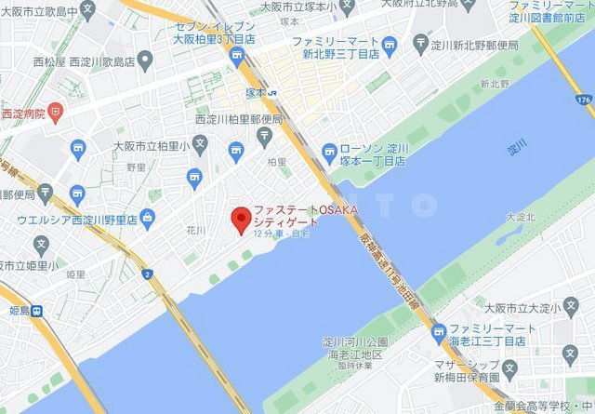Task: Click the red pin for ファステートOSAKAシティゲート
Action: tap(240, 220)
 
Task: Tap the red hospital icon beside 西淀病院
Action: tap(57, 113)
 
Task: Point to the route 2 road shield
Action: tap(148, 274)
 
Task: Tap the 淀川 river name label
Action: tap(517, 147)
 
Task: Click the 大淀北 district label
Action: tap(520, 217)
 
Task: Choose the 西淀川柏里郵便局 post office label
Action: tap(238, 119)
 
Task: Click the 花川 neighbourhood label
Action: tap(194, 228)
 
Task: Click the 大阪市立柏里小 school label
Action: tap(159, 146)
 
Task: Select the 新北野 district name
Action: tap(495, 84)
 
